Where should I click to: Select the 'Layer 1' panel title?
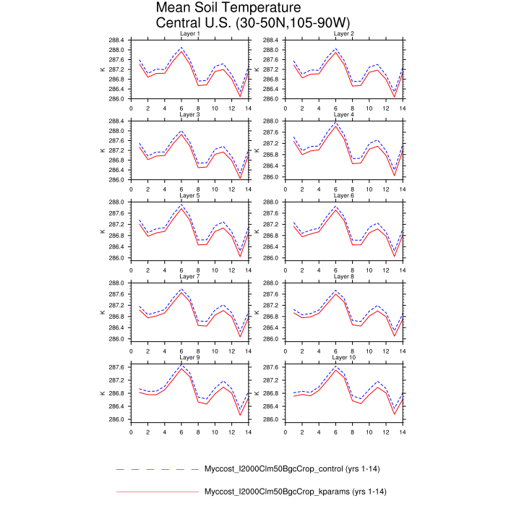click(x=189, y=34)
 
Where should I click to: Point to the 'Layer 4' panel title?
click(x=343, y=115)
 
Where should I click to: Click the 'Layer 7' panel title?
click(x=189, y=276)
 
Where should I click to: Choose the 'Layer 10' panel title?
click(x=343, y=357)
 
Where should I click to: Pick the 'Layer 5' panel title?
click(x=189, y=196)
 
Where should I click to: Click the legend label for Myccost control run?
click(x=292, y=469)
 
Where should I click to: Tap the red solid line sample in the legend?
click(x=157, y=492)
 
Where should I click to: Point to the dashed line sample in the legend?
click(x=157, y=469)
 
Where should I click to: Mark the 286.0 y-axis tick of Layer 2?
click(x=272, y=99)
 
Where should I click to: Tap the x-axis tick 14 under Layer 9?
click(x=249, y=432)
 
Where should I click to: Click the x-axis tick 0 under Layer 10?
click(x=285, y=432)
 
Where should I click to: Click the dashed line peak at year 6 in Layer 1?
click(x=181, y=48)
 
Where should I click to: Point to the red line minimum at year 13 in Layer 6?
click(x=394, y=256)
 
